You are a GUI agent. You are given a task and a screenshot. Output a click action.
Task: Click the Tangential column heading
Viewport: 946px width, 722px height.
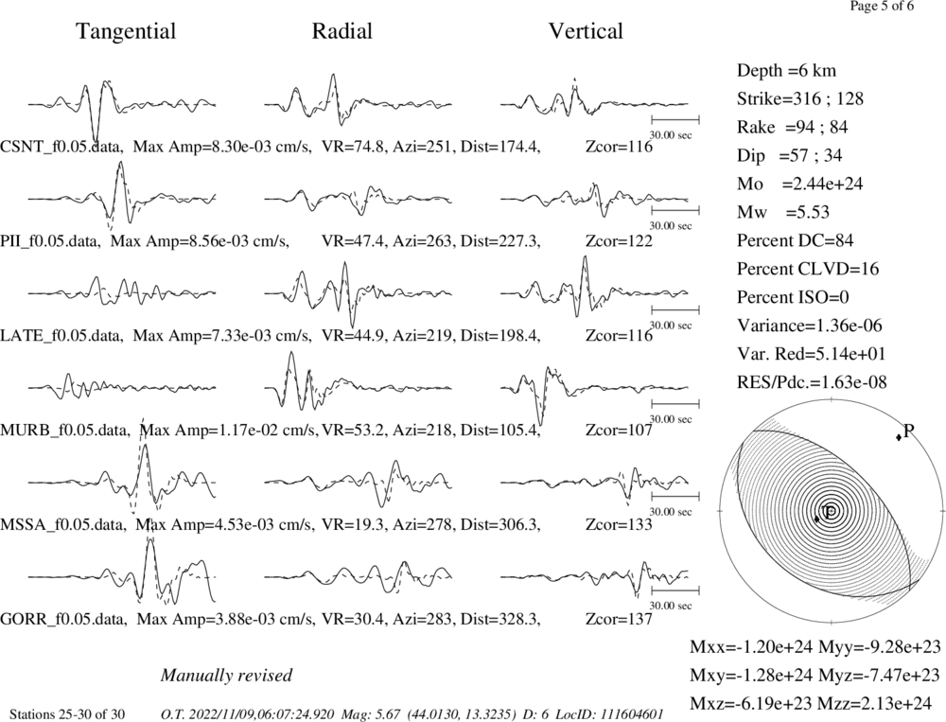(126, 31)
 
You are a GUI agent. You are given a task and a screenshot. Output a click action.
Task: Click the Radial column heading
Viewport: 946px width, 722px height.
(342, 31)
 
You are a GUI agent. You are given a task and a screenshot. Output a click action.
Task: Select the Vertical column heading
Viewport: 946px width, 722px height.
(586, 31)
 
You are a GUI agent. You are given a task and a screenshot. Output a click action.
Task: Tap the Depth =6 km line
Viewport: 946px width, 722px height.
(787, 71)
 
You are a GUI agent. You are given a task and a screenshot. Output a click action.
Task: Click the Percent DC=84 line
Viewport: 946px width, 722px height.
(796, 241)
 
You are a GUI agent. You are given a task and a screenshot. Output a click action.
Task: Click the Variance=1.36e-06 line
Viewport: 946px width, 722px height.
(810, 326)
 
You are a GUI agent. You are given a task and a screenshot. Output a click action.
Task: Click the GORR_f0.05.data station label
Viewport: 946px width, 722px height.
(63, 620)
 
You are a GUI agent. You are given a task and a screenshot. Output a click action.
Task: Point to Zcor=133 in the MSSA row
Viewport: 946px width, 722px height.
(619, 524)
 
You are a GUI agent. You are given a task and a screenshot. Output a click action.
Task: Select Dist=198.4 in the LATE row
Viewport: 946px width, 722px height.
(500, 336)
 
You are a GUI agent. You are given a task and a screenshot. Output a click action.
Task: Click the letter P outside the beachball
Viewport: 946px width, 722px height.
(909, 431)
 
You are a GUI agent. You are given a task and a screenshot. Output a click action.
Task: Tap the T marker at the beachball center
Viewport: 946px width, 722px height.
(831, 511)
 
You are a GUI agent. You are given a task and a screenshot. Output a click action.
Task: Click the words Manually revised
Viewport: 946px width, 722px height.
(226, 676)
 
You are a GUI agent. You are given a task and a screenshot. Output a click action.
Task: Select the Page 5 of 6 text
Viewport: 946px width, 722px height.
(882, 7)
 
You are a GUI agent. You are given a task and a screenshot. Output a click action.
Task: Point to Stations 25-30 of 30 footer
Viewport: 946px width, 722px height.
(67, 714)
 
